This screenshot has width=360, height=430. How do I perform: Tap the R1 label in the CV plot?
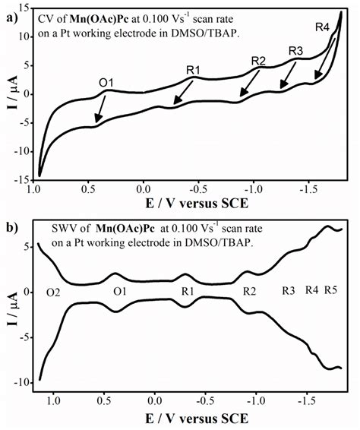(x=194, y=70)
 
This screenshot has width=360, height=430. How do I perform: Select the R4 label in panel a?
(x=323, y=27)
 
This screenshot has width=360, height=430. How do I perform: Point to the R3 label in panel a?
(x=296, y=50)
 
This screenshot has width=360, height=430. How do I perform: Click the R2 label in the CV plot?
(x=258, y=61)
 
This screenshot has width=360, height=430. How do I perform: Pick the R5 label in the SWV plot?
(x=333, y=289)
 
